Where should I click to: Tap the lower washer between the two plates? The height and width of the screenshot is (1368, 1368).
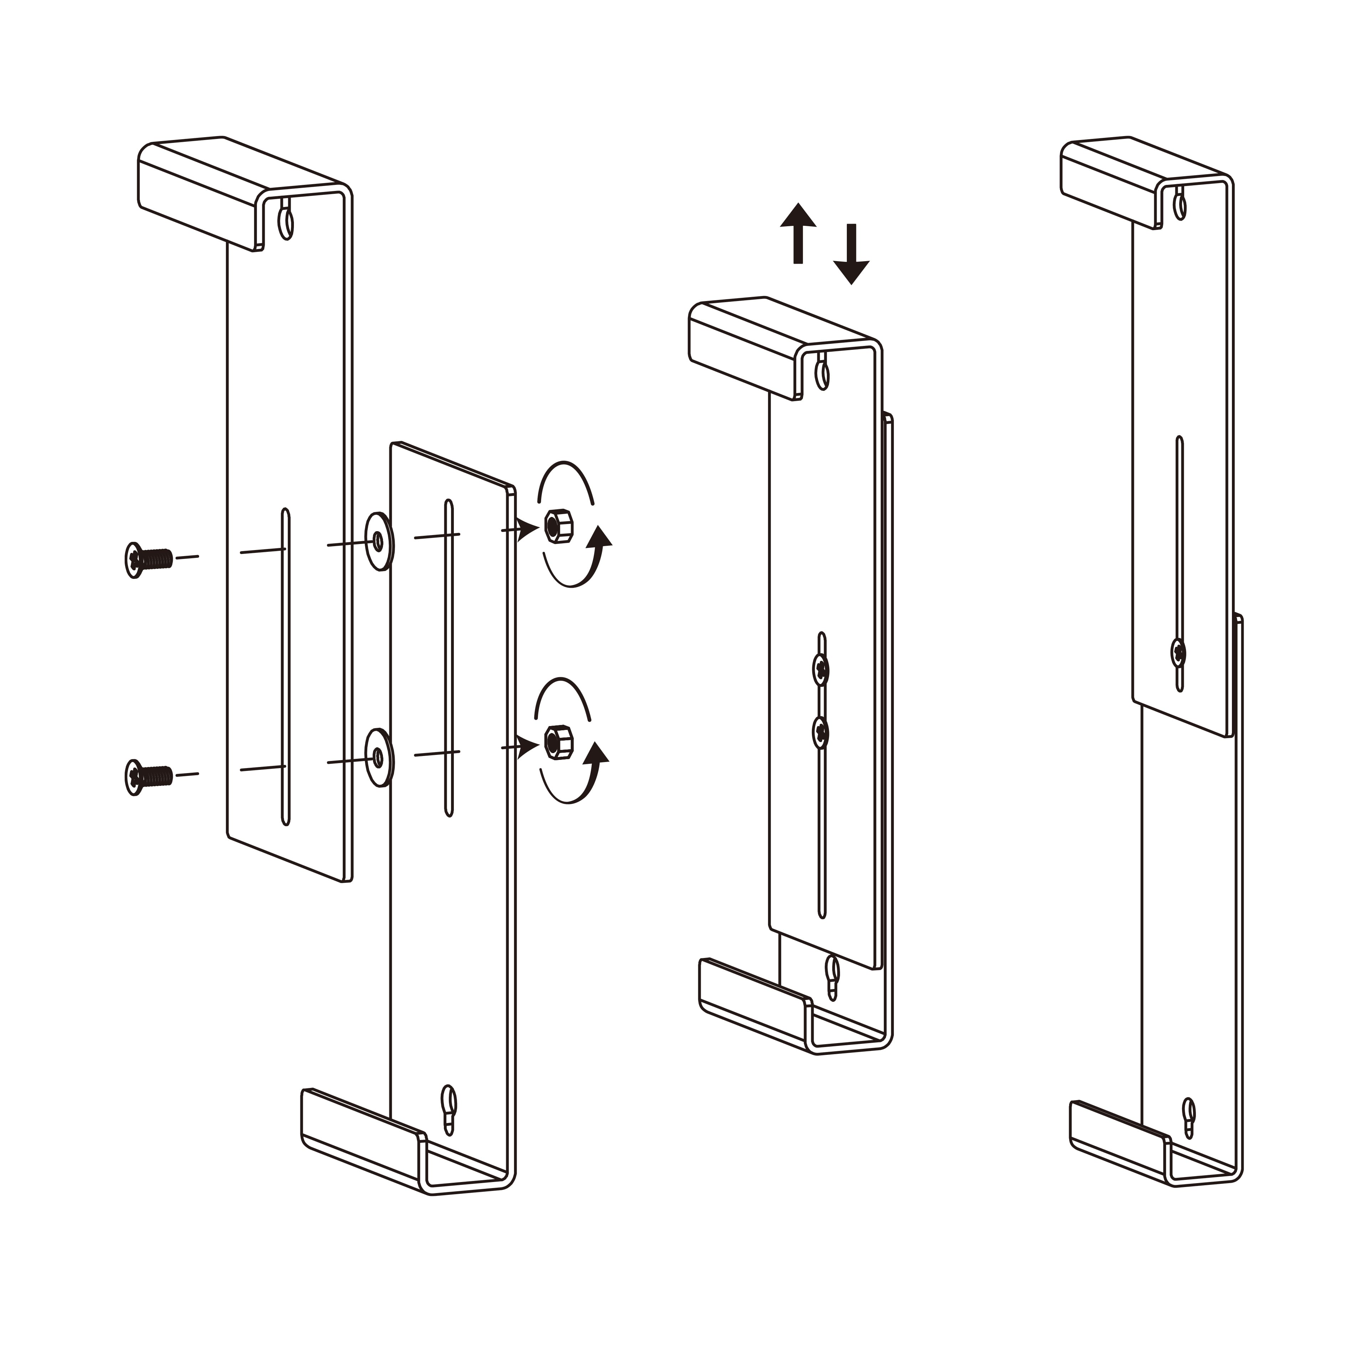379,758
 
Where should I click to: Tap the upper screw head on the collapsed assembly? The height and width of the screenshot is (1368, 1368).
821,668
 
